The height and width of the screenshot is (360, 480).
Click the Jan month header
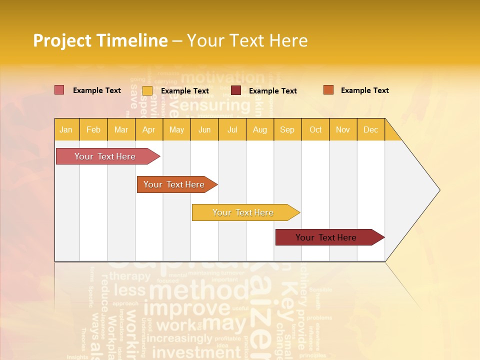point(66,129)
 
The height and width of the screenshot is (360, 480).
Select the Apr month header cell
point(148,129)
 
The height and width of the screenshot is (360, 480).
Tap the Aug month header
point(259,129)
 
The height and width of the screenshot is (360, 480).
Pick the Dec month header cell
point(370,129)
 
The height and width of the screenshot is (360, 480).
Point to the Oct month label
point(315,129)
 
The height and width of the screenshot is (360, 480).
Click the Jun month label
point(204,129)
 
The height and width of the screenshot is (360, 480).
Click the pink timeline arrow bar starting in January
point(105,156)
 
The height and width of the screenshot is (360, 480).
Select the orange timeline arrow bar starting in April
point(174,184)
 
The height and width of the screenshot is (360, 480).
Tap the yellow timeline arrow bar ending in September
point(243,212)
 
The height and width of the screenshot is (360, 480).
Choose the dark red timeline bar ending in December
point(326,237)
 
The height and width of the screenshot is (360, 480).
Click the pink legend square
point(59,90)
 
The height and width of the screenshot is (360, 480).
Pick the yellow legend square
point(147,90)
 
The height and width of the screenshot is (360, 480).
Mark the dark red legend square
point(236,90)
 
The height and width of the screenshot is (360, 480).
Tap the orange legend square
point(328,90)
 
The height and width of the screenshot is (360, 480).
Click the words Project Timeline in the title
point(100,40)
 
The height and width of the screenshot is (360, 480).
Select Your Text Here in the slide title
point(247,40)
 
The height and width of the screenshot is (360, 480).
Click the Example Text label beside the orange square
point(364,90)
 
